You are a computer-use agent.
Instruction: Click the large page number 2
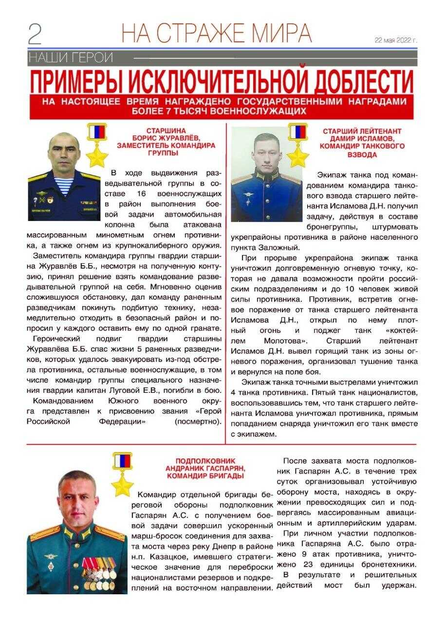click(35, 34)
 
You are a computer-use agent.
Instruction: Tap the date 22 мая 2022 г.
click(395, 40)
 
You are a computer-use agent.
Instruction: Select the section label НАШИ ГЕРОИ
click(71, 58)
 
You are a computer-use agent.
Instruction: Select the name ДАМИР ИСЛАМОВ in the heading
click(362, 139)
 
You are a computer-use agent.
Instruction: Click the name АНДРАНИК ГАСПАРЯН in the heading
click(205, 468)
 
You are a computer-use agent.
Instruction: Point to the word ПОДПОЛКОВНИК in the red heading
click(205, 460)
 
